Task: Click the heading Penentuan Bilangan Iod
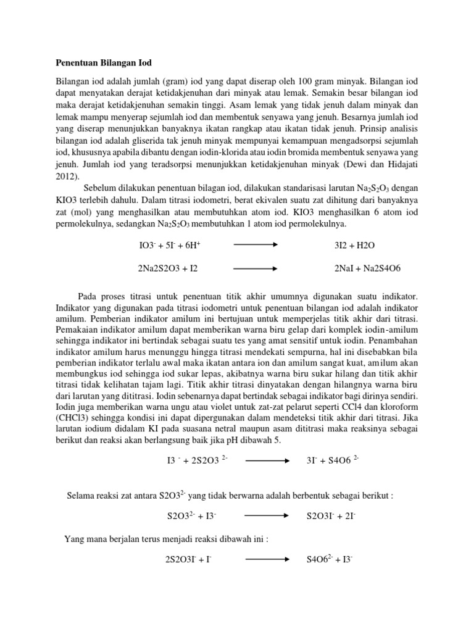point(104,63)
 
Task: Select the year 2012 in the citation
point(66,175)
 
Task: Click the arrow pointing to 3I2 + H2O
point(254,244)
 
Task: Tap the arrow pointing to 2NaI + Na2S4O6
point(254,268)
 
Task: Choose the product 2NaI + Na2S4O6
point(368,268)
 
